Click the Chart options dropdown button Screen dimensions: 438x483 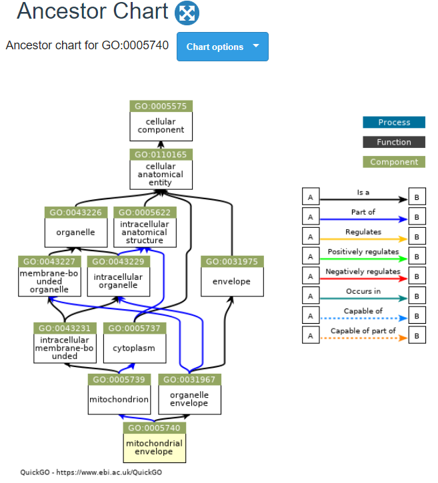pos(222,47)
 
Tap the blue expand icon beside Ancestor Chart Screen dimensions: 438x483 pos(187,13)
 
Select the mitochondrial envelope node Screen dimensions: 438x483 pos(155,442)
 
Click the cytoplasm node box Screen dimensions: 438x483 pos(135,343)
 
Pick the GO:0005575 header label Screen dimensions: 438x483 pos(161,107)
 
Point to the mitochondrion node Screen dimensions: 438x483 pos(119,394)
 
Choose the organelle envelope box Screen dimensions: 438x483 pos(189,394)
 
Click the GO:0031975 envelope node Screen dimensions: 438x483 pos(232,276)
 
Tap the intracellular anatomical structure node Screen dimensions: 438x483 pos(145,227)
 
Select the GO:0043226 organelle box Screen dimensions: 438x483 pos(76,227)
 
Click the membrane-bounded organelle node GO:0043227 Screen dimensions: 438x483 pos(49,276)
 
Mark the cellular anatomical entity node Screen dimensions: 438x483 pos(161,169)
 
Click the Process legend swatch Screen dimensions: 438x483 pos(394,123)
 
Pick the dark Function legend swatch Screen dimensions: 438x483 pos(394,142)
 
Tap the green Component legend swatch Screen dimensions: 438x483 pos(394,162)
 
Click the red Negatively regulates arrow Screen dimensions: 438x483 pos(364,278)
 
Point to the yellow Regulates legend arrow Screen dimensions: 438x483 pos(364,239)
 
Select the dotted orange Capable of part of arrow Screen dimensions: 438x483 pos(364,338)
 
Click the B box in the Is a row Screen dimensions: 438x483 pos(417,197)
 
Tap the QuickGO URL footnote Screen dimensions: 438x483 pos(91,472)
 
